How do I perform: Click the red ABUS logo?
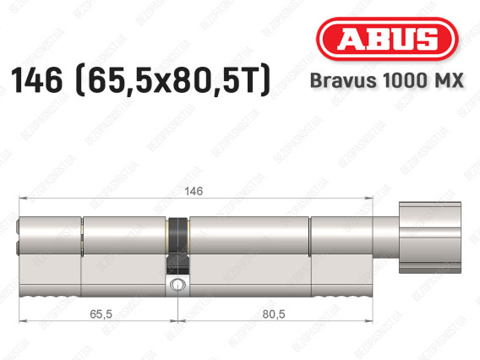point(387,39)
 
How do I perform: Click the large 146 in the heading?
point(36,80)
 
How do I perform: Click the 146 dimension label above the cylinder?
point(194,191)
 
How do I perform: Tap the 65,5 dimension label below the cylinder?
point(101,314)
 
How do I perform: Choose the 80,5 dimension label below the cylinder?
point(274,314)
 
